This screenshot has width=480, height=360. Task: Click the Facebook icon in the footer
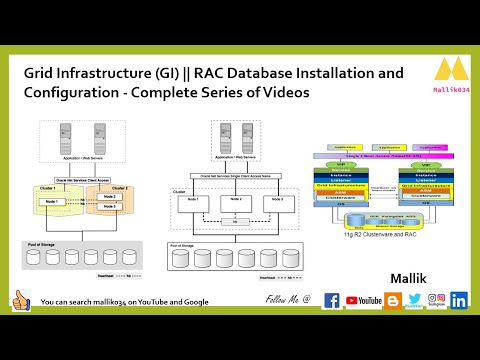332,300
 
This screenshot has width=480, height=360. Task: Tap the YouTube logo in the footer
364,300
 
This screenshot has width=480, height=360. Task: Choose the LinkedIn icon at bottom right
459,300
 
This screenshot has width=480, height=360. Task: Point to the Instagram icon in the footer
436,298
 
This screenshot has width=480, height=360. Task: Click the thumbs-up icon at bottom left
21,300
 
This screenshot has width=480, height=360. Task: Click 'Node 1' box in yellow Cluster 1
53,202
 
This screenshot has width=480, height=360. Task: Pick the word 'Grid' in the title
39,73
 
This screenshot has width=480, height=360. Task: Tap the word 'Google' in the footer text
196,301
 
